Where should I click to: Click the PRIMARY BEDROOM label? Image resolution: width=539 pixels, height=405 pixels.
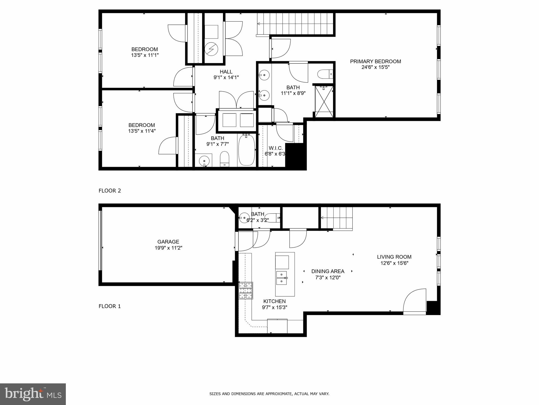click(x=375, y=61)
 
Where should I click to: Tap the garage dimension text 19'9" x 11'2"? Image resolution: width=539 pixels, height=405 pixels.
click(x=168, y=248)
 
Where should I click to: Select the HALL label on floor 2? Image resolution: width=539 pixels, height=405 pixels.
click(x=226, y=72)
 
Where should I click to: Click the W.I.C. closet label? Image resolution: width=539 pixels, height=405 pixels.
click(x=275, y=148)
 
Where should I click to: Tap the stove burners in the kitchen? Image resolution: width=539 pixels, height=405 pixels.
click(x=245, y=290)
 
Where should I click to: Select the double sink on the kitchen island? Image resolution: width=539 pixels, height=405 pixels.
click(x=281, y=278)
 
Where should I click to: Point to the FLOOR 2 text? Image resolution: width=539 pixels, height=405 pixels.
click(x=110, y=191)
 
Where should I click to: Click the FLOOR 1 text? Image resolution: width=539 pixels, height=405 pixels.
click(x=110, y=306)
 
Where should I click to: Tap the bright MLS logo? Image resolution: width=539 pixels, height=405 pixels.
click(x=33, y=394)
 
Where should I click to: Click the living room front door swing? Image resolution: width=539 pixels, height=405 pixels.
click(x=414, y=301)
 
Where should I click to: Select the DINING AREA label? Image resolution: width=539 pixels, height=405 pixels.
click(x=328, y=271)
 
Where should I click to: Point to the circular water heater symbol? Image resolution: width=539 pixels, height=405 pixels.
click(x=211, y=49)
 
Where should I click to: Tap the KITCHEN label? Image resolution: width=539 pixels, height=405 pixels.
click(x=274, y=301)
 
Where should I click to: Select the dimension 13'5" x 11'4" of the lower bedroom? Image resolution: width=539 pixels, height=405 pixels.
click(x=142, y=131)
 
